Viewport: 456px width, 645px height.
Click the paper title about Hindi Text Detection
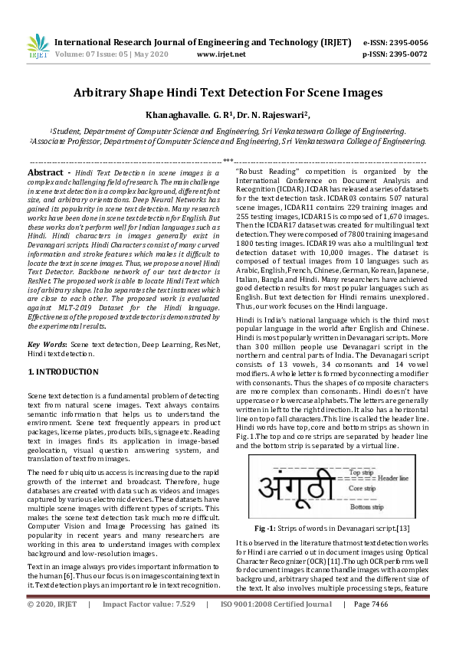[228, 93]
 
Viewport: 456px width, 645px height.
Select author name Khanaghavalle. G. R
[189, 115]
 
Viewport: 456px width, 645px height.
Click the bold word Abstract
[45, 174]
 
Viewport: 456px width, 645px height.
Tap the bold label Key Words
[45, 345]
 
